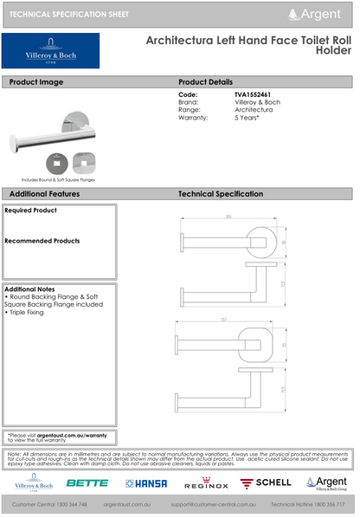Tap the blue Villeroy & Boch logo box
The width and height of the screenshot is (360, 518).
[x=51, y=51]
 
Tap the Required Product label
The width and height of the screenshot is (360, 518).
[x=31, y=210]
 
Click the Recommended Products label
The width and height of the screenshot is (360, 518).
[x=42, y=241]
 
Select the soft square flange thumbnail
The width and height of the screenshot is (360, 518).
[x=85, y=162]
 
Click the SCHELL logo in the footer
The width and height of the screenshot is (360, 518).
[x=266, y=483]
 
